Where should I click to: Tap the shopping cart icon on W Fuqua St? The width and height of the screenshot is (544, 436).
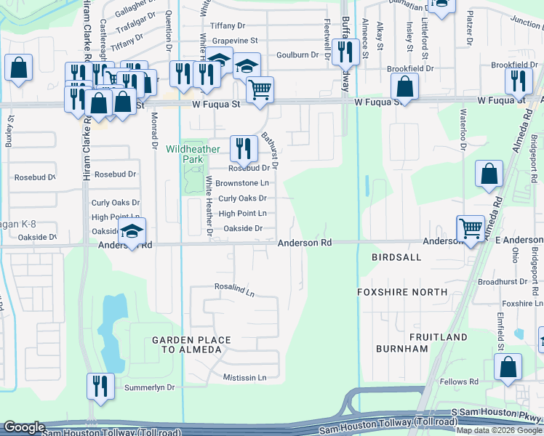(260, 91)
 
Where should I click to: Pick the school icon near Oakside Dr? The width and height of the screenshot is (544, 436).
(132, 232)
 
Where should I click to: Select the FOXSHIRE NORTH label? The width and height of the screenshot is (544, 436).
(402, 291)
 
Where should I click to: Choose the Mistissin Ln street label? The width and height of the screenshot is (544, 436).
(244, 378)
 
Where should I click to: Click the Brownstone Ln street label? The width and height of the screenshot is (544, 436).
(244, 183)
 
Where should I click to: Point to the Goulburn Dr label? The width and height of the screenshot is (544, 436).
(297, 54)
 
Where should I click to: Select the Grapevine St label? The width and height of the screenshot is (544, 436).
(233, 40)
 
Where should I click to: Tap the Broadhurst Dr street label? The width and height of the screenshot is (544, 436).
(503, 281)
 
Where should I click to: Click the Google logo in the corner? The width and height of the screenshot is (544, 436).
(25, 427)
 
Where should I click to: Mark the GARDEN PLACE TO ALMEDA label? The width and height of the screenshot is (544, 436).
(191, 345)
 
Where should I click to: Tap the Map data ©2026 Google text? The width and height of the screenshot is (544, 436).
(499, 430)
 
